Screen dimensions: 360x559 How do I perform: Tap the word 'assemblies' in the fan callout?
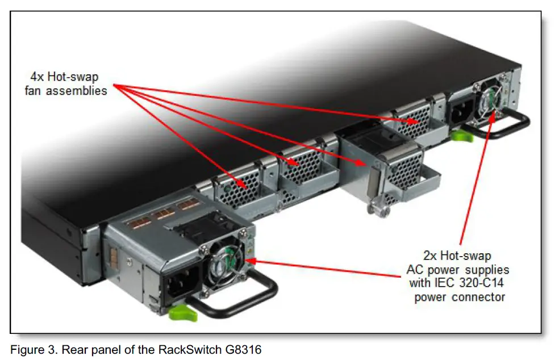click(x=82, y=90)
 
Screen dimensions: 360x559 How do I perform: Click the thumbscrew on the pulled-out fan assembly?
click(x=376, y=207)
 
